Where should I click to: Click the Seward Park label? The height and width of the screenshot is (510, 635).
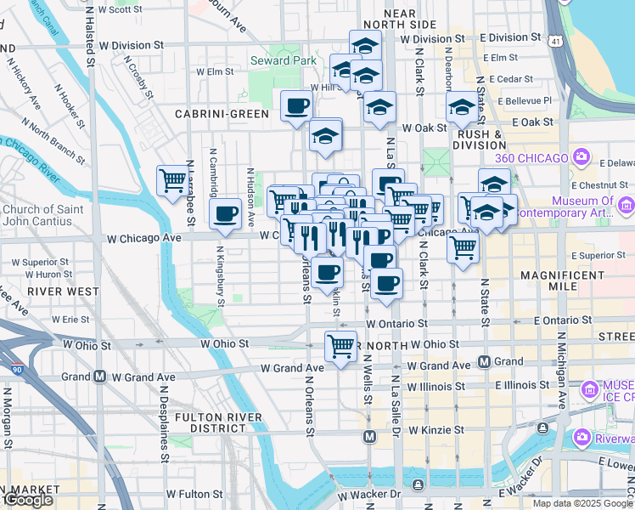tap(284, 60)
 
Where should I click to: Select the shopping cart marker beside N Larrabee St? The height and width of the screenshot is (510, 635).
tap(172, 180)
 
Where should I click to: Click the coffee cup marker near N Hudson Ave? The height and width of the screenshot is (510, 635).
tap(226, 214)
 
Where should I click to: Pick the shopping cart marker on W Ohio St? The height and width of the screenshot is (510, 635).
tap(340, 346)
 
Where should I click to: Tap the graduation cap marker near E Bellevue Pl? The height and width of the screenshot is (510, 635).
tap(462, 107)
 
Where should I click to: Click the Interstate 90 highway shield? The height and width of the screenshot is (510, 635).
tap(17, 370)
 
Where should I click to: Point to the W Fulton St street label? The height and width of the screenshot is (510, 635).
tap(194, 493)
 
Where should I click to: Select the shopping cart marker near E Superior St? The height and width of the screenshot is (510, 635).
tap(464, 247)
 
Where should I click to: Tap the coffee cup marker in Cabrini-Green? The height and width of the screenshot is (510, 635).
tap(296, 106)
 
